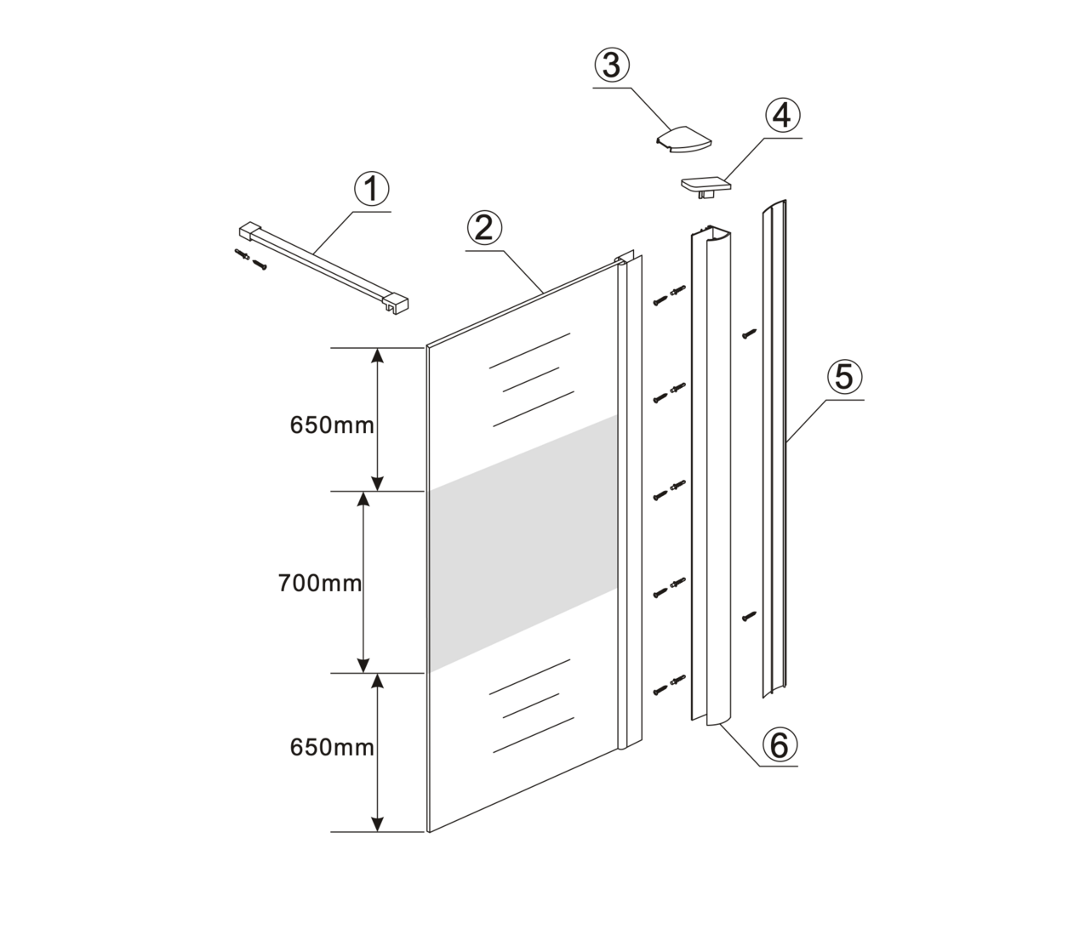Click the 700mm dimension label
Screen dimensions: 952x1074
319,584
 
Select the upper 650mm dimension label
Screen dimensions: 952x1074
332,425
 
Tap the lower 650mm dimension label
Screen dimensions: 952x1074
332,748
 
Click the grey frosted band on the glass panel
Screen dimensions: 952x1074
522,544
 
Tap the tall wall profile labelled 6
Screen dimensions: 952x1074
708,476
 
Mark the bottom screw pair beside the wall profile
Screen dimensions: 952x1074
669,685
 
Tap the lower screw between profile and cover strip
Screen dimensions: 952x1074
748,615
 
